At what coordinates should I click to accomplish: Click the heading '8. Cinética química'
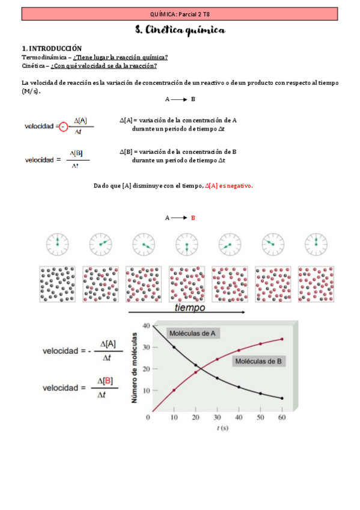(x=180, y=30)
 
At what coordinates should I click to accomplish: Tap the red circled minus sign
(x=64, y=126)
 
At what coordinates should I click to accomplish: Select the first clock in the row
(x=57, y=244)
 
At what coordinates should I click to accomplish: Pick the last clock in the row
(x=316, y=244)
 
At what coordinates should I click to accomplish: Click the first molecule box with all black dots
(x=57, y=284)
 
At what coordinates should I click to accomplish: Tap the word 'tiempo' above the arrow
(x=190, y=307)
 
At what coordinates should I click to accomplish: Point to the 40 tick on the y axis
(x=145, y=326)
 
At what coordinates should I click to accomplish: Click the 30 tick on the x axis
(x=217, y=417)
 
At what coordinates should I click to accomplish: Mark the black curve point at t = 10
(x=174, y=347)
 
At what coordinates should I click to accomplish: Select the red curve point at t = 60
(x=282, y=339)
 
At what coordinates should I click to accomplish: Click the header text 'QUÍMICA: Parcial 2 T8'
(x=180, y=13)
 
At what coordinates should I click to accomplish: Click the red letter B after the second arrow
(x=193, y=218)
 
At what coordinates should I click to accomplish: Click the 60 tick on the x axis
(x=281, y=417)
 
